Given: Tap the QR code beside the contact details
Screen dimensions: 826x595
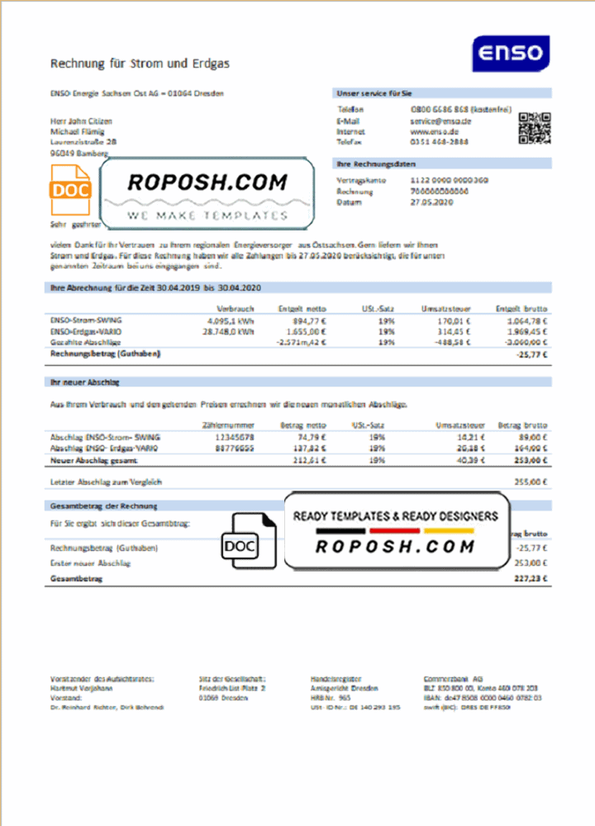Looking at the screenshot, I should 533,128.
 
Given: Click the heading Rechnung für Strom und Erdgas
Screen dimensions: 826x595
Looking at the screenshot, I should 140,63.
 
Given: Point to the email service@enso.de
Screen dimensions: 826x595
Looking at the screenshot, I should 440,121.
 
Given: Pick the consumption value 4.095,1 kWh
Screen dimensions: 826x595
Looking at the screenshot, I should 232,320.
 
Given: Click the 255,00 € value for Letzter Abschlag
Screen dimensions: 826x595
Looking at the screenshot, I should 531,481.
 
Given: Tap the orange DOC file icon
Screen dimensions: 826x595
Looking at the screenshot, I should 70,189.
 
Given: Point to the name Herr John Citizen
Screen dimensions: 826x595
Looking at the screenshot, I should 82,121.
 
